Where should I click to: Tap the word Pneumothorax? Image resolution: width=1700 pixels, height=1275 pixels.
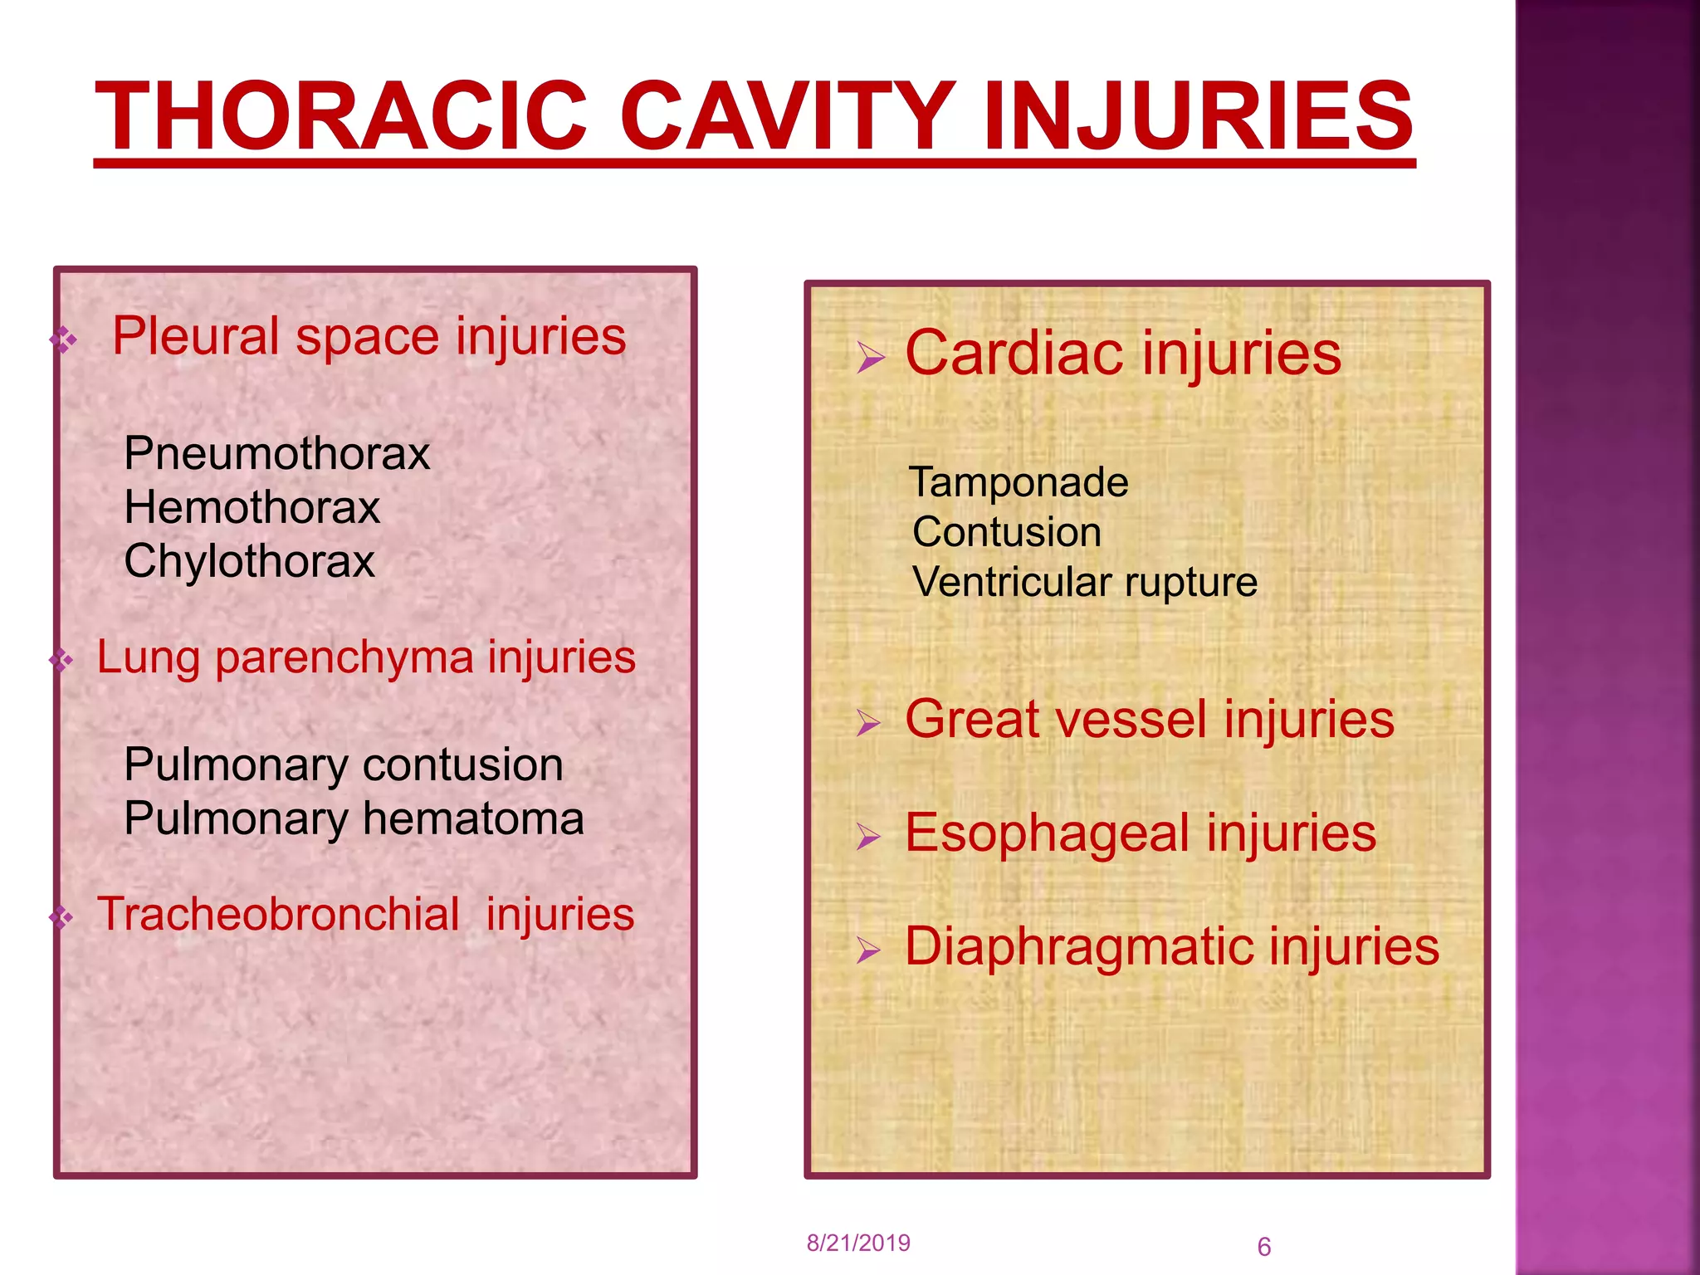pos(276,454)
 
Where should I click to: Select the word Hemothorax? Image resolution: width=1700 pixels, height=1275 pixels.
pos(252,507)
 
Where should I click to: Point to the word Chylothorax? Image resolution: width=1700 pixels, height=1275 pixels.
pos(249,561)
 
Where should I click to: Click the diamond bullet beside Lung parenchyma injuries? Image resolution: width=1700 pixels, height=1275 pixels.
pos(61,661)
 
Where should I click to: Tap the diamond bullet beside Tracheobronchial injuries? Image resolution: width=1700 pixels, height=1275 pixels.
pos(61,917)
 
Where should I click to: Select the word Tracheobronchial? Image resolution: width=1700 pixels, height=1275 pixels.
pos(278,914)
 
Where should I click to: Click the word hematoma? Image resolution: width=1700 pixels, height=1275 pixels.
pos(473,818)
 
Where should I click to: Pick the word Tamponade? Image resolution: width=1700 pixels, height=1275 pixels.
pos(1019,482)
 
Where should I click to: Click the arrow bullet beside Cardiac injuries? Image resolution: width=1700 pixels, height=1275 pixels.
pos(871,359)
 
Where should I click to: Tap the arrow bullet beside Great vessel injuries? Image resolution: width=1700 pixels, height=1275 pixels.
pos(868,723)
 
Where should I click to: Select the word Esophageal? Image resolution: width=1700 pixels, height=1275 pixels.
pos(1048,833)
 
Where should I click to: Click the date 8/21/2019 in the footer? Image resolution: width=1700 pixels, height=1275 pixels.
pos(858,1243)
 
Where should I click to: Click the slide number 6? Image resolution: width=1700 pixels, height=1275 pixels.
pos(1263,1247)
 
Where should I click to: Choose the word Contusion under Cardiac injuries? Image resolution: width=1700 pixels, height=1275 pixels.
pos(1007,532)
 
